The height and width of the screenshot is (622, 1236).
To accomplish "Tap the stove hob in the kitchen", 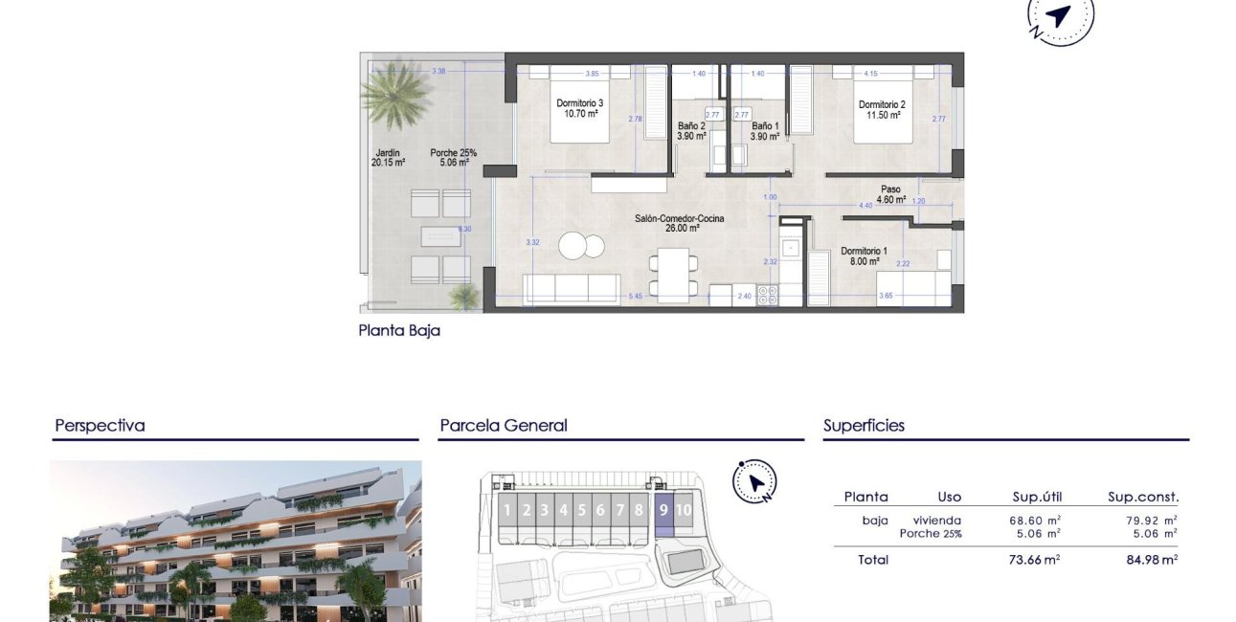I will (x=768, y=296).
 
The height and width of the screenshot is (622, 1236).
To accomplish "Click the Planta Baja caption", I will (x=399, y=331).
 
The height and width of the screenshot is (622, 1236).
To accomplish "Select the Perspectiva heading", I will (x=100, y=426).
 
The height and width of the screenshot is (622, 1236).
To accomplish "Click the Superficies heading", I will (x=864, y=426).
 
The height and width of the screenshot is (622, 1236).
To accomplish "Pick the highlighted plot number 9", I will (x=663, y=510).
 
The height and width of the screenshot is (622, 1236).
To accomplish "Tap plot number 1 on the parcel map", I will (x=506, y=510).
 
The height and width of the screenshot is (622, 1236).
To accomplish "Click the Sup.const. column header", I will (x=1143, y=497).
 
